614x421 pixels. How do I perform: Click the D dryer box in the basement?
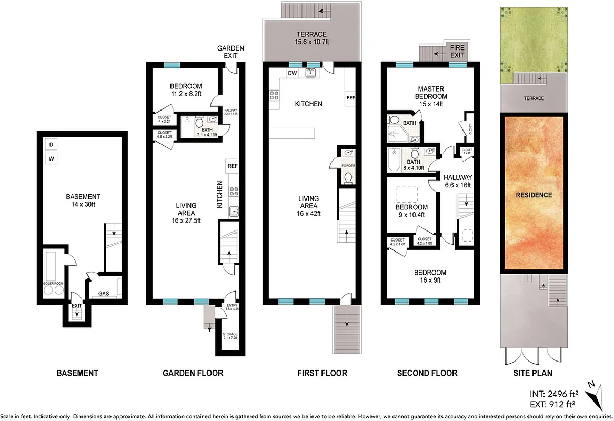pyautogui.click(x=52, y=144)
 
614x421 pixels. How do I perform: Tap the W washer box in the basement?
pyautogui.click(x=52, y=158)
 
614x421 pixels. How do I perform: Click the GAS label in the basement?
pyautogui.click(x=103, y=293)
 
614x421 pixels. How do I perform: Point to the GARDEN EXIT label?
pyautogui.click(x=230, y=52)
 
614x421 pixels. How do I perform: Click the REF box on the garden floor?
pyautogui.click(x=233, y=166)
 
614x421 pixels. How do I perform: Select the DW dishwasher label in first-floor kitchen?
pyautogui.click(x=293, y=73)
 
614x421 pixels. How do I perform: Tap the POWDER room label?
pyautogui.click(x=348, y=166)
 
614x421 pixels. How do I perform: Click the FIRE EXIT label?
pyautogui.click(x=457, y=51)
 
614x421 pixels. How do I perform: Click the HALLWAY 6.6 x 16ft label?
pyautogui.click(x=457, y=181)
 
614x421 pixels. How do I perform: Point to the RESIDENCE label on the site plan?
pyautogui.click(x=534, y=195)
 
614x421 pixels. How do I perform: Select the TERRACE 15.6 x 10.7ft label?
pyautogui.click(x=311, y=38)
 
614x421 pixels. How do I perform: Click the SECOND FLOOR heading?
pyautogui.click(x=427, y=373)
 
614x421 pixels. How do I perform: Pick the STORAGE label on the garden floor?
pyautogui.click(x=229, y=336)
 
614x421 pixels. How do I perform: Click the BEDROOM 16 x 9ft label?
pyautogui.click(x=430, y=276)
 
